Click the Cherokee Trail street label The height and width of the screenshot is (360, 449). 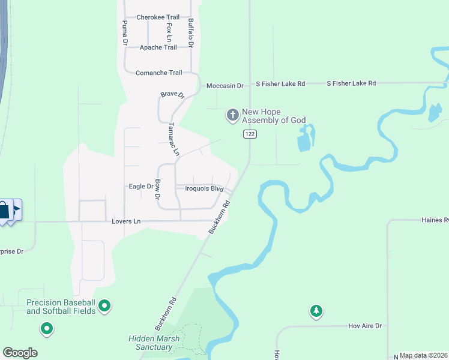coord(158,17)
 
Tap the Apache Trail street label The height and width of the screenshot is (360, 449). coord(158,47)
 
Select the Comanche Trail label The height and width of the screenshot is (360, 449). coord(158,73)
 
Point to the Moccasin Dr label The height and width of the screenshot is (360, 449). coord(224,86)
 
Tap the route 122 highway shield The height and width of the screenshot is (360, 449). coord(250,134)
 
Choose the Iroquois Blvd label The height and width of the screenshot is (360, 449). coord(204,189)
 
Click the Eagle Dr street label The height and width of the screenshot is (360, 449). coord(141,187)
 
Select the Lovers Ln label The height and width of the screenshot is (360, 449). coord(126,221)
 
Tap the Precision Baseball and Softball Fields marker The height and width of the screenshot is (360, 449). coord(104,307)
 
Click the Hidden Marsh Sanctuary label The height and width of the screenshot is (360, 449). coord(151,343)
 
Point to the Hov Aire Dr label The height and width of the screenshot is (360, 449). coord(365,326)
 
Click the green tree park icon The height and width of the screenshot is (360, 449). coord(316,311)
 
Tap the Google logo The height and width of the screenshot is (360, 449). coord(20,352)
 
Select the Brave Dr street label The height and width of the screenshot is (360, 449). coord(172,94)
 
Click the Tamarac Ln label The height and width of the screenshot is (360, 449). coord(173,139)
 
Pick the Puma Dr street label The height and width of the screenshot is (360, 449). coord(125,33)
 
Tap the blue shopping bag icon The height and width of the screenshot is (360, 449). coord(4,210)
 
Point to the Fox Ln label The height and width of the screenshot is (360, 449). coord(170,31)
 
